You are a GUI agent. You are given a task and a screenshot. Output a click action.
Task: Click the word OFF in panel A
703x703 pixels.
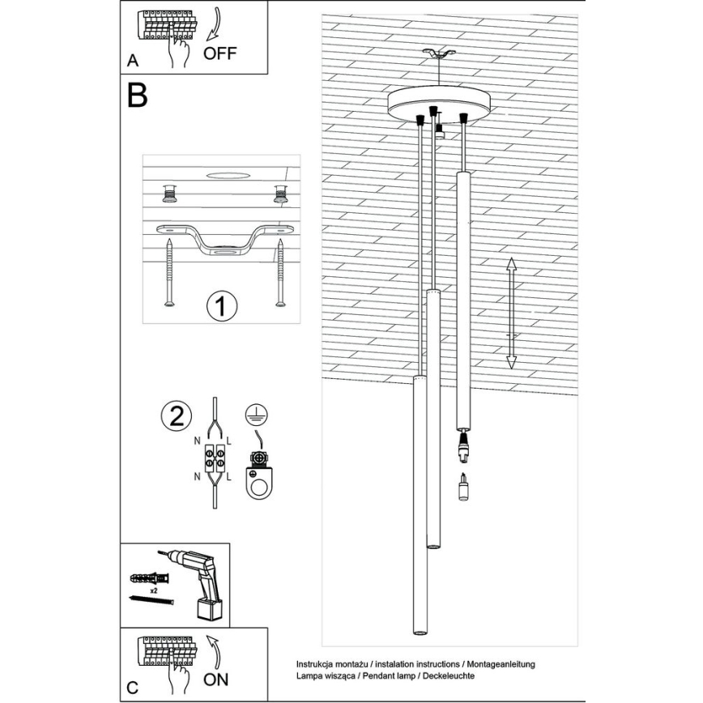tap(219, 54)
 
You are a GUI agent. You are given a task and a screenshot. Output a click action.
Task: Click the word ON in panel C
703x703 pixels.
tap(215, 680)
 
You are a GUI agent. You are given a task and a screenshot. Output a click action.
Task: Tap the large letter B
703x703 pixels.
tap(137, 96)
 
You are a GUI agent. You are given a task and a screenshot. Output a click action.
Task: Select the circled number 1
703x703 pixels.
tap(221, 308)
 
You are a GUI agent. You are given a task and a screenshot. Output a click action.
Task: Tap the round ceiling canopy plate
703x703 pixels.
tap(441, 103)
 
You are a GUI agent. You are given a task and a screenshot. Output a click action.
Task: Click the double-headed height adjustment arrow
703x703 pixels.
tap(511, 313)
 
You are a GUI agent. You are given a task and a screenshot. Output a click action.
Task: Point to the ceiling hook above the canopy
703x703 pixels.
tap(441, 56)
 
